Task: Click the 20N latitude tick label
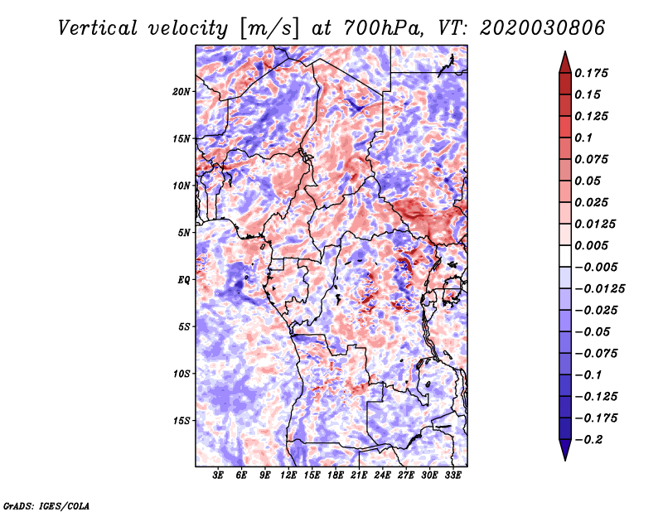(x=181, y=92)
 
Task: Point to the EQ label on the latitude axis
(x=184, y=280)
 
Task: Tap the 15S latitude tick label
(x=181, y=421)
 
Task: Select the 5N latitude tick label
(x=184, y=233)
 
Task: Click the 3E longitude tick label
(x=218, y=476)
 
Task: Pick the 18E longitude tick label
(x=336, y=476)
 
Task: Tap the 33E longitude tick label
(x=452, y=476)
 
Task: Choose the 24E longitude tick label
(x=382, y=476)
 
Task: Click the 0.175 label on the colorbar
(x=591, y=73)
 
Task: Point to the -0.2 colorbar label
(x=588, y=440)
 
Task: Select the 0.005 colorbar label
(x=591, y=245)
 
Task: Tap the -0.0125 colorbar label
(x=599, y=289)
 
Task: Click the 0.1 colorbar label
(x=583, y=138)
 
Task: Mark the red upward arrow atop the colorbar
(x=565, y=63)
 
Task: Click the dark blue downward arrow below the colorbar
(x=565, y=450)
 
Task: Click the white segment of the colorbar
(x=565, y=256)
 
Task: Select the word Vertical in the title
(x=98, y=28)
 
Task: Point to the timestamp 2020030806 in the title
(x=543, y=28)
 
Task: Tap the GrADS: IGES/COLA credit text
(x=46, y=505)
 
